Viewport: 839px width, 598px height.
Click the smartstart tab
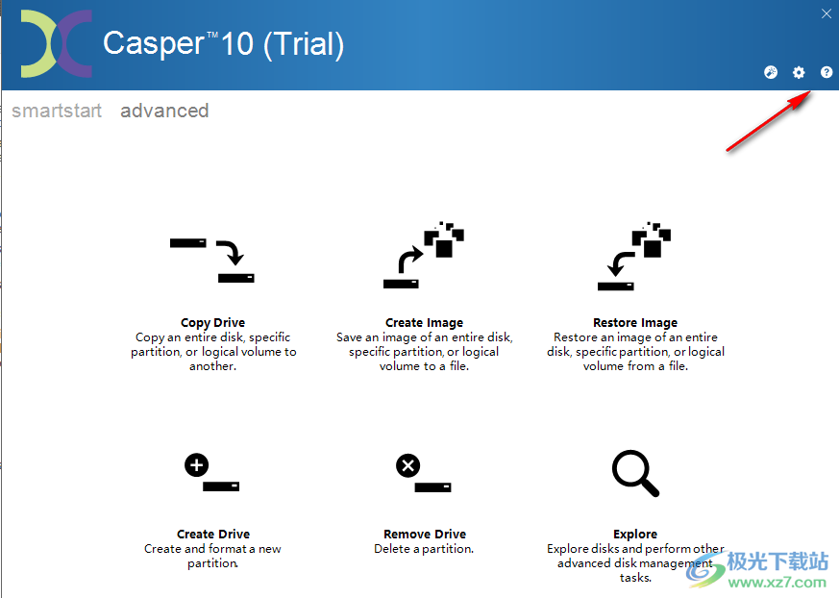click(x=57, y=111)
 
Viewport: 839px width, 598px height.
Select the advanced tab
click(x=164, y=111)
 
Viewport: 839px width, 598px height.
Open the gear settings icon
click(x=799, y=73)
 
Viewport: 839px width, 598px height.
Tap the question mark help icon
click(x=827, y=73)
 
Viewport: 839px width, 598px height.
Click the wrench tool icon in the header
click(x=771, y=73)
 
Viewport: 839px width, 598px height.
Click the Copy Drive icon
click(x=212, y=261)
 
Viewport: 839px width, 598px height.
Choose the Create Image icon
click(x=424, y=257)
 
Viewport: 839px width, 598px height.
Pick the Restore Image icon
click(x=635, y=257)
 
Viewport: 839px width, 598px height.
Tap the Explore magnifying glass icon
click(x=635, y=473)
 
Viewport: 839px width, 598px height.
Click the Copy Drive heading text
click(x=212, y=323)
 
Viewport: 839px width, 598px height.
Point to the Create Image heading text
click(x=424, y=323)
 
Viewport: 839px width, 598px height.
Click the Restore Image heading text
click(x=635, y=323)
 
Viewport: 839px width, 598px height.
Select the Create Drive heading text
click(x=212, y=535)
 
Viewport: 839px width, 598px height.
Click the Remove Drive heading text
click(x=424, y=535)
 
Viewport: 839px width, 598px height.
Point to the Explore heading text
click(x=635, y=535)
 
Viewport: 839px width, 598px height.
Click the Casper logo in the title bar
click(x=57, y=44)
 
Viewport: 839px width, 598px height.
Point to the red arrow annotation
click(x=767, y=122)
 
